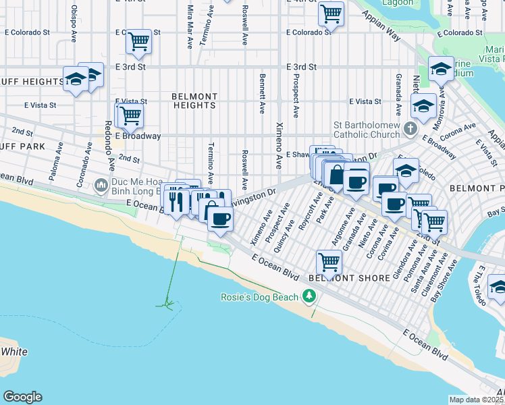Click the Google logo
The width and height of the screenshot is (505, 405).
click(x=22, y=397)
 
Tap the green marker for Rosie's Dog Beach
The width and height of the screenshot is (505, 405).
click(x=309, y=296)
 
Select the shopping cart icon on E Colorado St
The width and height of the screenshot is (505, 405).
click(x=138, y=41)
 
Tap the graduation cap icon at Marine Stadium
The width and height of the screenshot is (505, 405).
click(x=441, y=68)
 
